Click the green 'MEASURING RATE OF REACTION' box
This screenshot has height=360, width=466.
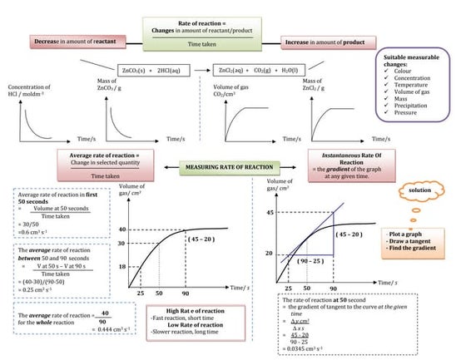[233, 170]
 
